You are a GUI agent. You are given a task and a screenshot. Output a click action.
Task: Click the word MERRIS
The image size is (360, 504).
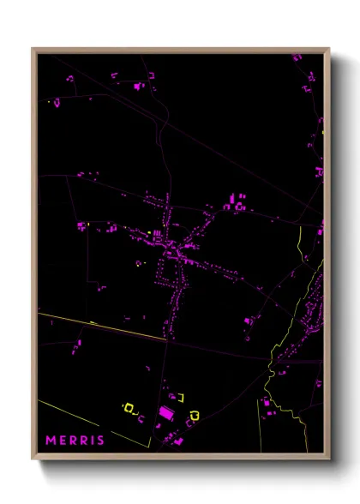point(75,441)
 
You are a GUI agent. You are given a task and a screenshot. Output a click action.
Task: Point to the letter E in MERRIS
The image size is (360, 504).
point(63,441)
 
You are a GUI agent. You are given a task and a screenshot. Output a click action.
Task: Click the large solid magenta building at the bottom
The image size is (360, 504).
point(167,414)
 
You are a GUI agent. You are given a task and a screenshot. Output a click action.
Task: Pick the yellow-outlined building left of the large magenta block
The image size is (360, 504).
point(131,408)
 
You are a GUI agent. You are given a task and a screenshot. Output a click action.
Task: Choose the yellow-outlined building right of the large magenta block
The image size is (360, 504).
point(194,416)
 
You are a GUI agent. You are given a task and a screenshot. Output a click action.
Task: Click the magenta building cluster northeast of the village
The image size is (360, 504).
point(237,204)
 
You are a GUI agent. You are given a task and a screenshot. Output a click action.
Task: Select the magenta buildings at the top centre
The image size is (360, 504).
point(139,86)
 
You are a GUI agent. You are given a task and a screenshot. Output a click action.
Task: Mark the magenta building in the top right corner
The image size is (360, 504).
point(297,57)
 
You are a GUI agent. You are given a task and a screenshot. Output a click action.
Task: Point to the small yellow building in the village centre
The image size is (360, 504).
point(149,232)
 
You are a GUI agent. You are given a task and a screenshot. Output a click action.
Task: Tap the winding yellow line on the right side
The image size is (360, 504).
point(301,249)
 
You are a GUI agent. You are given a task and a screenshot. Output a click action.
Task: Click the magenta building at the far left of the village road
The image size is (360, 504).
point(81,226)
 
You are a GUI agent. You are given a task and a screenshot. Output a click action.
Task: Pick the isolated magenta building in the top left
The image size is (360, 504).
point(57,103)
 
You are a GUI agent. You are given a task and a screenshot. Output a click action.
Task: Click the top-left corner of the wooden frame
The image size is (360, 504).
point(33,49)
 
